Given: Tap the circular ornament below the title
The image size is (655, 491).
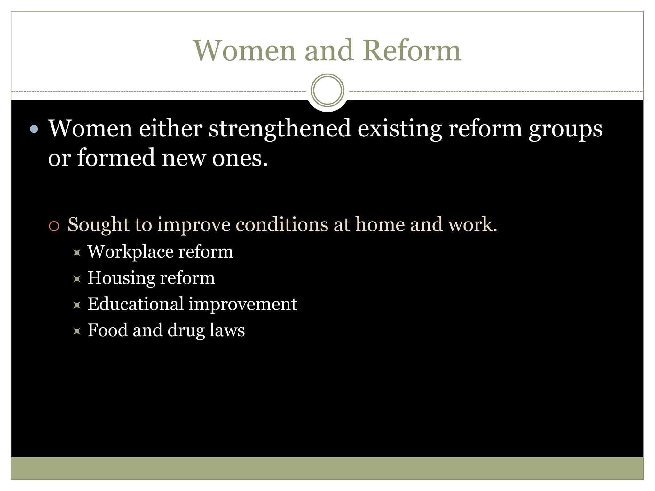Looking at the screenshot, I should [327, 90].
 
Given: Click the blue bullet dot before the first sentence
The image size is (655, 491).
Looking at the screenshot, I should [34, 129].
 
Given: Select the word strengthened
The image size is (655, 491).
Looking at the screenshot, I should [280, 129].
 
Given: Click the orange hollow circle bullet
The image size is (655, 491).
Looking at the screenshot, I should [54, 226].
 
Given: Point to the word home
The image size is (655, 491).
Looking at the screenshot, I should [380, 224].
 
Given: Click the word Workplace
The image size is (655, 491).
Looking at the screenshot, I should [130, 252].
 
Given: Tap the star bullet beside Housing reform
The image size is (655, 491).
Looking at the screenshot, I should [77, 279].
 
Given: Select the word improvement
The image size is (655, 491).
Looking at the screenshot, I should [243, 304].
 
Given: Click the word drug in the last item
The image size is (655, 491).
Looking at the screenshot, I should [186, 331].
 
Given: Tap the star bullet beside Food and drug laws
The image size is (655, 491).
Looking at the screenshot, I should [77, 331].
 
